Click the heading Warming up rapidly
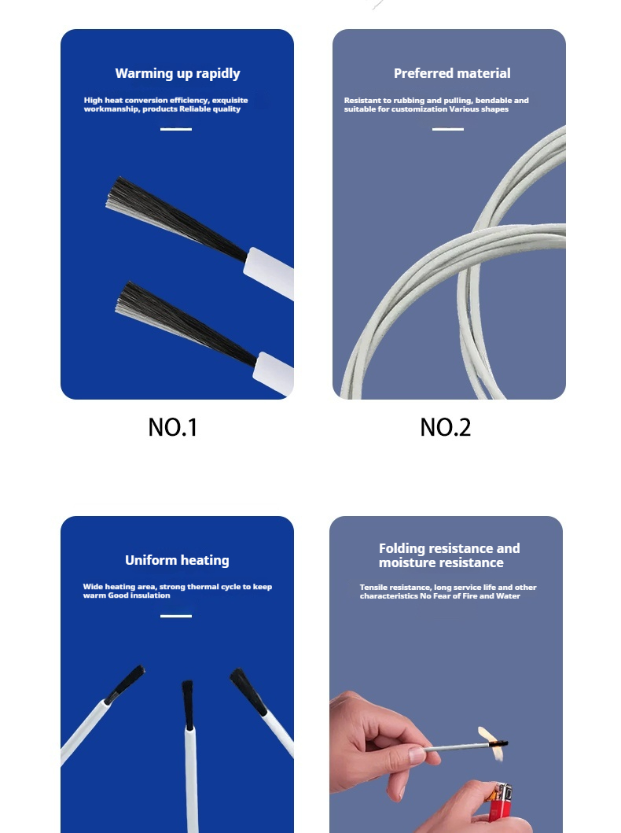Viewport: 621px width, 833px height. pos(178,73)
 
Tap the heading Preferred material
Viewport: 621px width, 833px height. pos(452,73)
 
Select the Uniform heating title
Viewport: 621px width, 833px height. pos(178,561)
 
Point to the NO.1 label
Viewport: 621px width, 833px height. pos(172,428)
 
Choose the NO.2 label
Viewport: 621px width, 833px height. pos(446,428)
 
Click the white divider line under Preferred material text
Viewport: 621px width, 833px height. pos(448,129)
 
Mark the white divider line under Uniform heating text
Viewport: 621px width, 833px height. pos(175,616)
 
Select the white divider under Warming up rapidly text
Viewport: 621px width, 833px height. pos(175,129)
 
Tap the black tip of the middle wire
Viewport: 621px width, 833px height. pos(187,704)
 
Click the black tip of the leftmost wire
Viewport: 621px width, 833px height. pos(125,684)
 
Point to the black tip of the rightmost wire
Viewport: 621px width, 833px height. pos(248,691)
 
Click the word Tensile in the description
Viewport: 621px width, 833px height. pos(373,588)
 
